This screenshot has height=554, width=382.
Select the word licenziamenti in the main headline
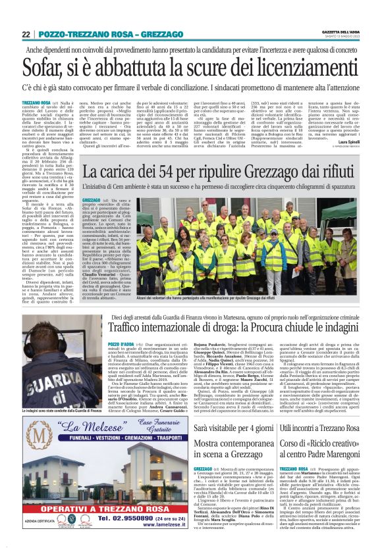pos(277,68)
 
